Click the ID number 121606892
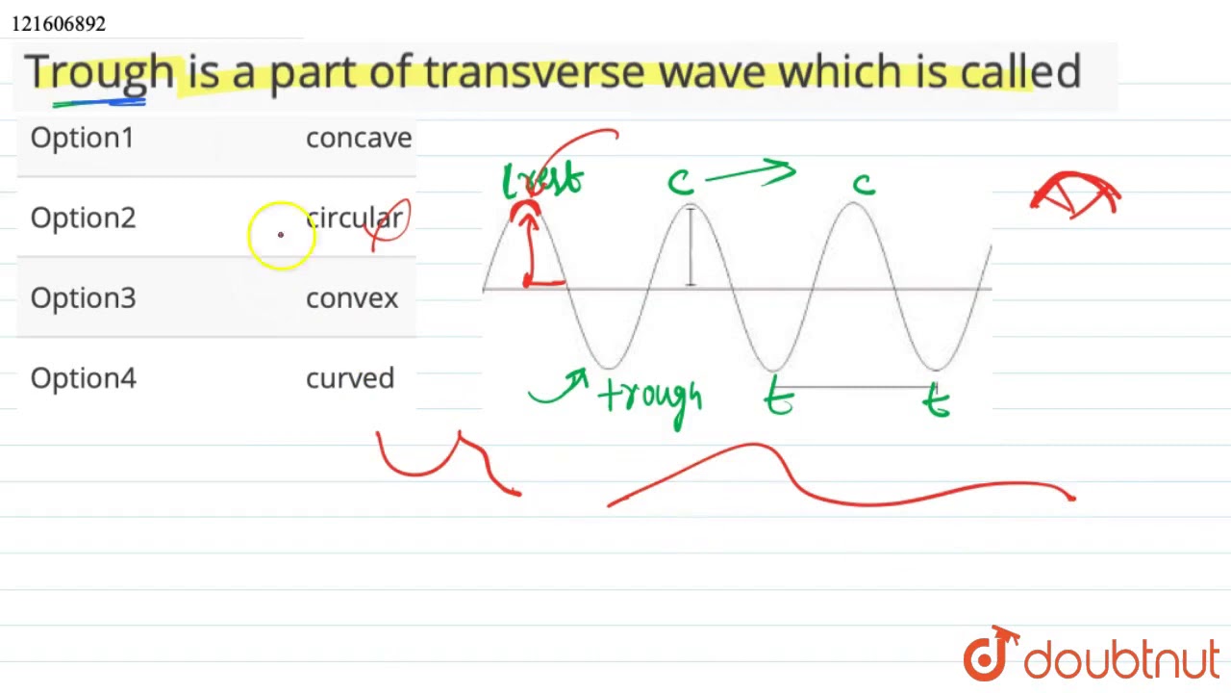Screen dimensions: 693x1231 click(x=59, y=23)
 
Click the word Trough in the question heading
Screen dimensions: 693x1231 click(x=99, y=72)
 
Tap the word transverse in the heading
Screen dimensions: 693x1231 click(x=535, y=72)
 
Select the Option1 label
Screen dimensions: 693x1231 click(x=83, y=138)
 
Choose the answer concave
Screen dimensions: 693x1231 click(x=359, y=138)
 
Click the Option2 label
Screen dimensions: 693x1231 click(x=83, y=218)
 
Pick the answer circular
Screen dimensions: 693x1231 click(x=354, y=218)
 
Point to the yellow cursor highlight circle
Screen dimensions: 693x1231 click(x=281, y=235)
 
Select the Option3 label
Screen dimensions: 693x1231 click(x=83, y=297)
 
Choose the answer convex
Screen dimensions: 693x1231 click(x=352, y=297)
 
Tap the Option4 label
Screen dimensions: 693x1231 click(x=83, y=377)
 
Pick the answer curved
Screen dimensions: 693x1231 click(x=350, y=377)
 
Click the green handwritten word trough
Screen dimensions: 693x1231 click(x=651, y=397)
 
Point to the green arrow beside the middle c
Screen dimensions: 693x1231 click(x=750, y=174)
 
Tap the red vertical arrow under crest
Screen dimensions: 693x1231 click(x=528, y=248)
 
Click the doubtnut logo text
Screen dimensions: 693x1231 click(x=1120, y=660)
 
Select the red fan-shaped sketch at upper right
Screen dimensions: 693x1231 click(x=1075, y=195)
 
